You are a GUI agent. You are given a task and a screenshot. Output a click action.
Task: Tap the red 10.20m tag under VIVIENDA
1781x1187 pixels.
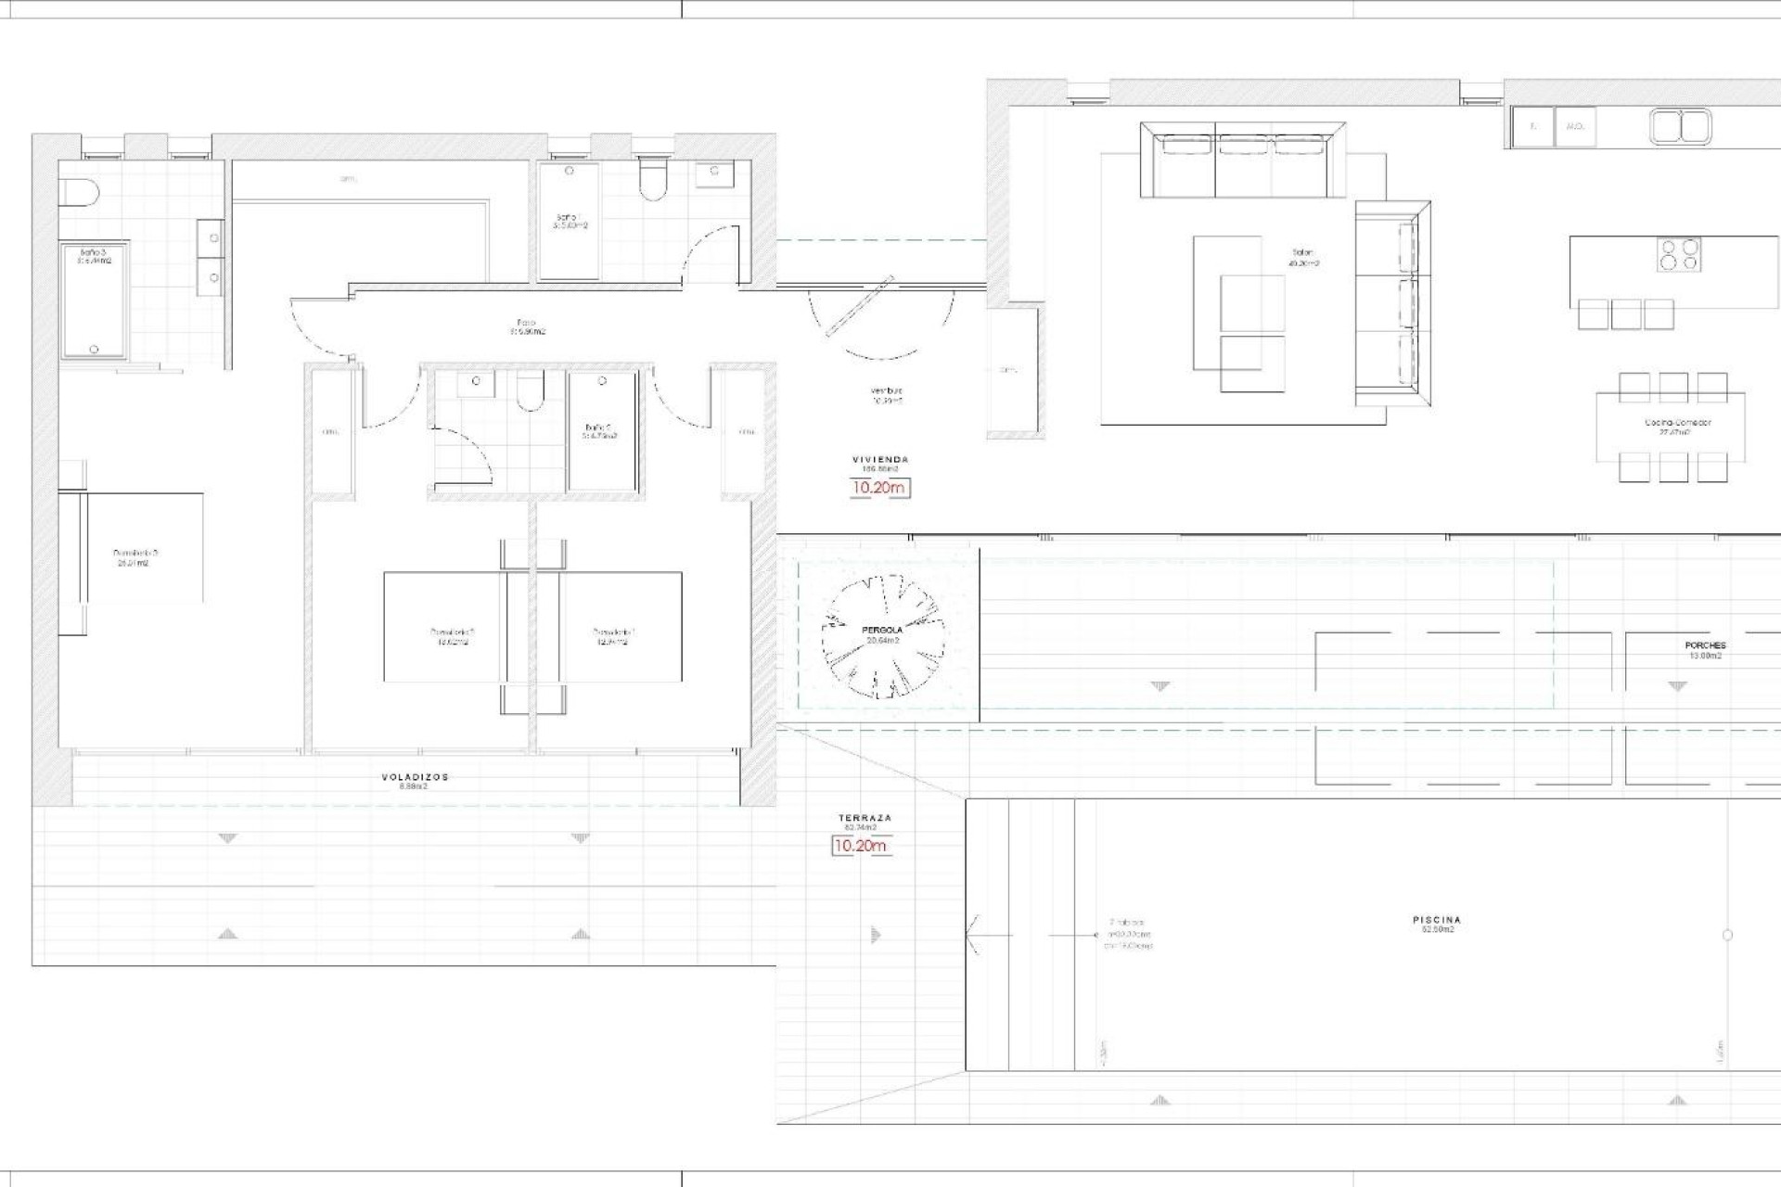pos(879,488)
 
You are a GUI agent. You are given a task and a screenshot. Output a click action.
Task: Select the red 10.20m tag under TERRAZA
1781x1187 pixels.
pos(860,846)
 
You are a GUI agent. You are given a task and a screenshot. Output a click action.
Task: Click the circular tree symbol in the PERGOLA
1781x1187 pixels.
pos(883,636)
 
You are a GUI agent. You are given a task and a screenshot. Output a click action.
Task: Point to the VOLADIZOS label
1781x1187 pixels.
pos(415,777)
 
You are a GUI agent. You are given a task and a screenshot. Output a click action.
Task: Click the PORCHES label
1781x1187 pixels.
pos(1705,645)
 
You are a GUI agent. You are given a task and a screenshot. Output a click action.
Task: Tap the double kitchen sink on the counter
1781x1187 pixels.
pos(1681,126)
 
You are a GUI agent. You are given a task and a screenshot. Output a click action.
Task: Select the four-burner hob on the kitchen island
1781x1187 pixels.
pos(1680,254)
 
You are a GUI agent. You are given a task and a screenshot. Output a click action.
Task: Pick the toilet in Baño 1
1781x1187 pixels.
pos(653,180)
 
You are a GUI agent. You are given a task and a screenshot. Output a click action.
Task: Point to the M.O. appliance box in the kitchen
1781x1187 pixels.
pos(1574,126)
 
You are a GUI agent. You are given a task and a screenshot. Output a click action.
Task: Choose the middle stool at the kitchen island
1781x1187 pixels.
pos(1626,314)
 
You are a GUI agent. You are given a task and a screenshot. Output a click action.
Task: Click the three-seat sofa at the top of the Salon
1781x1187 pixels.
pos(1244,163)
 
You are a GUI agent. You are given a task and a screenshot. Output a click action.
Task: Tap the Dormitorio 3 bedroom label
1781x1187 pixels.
pos(130,557)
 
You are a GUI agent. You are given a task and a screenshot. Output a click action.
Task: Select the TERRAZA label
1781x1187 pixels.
pos(865,818)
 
